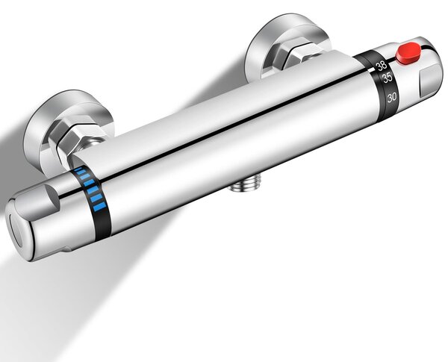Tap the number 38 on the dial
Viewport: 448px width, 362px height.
pos(382,66)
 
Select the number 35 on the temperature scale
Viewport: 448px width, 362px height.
pos(387,78)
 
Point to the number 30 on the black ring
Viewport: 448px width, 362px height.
pos(392,98)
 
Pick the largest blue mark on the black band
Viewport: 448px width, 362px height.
pos(99,207)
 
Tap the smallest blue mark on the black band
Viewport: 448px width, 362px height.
pos(78,169)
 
